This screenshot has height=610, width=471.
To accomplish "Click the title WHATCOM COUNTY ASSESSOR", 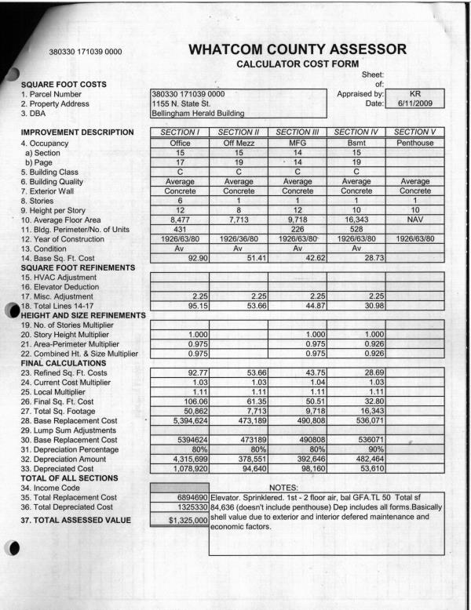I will point(298,50).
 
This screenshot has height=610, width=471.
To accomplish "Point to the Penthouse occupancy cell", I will point(415,143).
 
